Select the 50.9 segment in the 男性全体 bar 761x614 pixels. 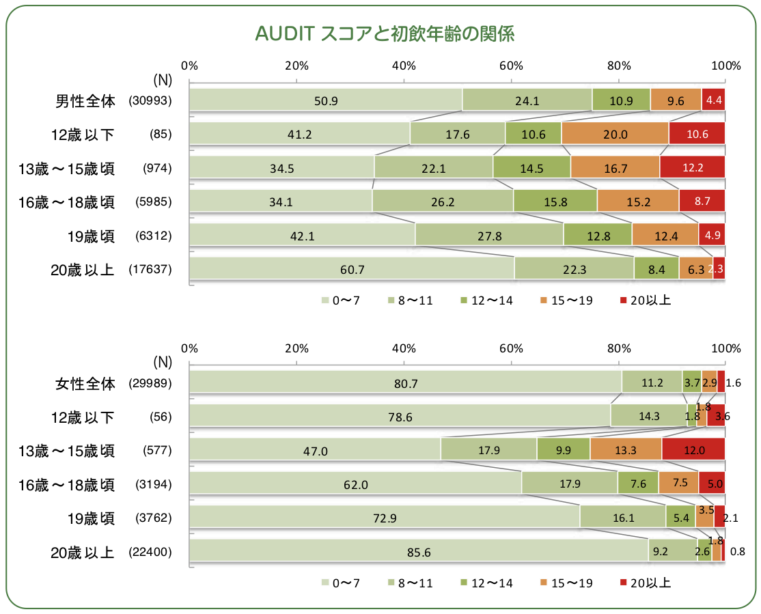coord(325,100)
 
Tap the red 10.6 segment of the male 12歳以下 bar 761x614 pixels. coord(697,134)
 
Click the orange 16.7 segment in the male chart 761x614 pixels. coord(615,167)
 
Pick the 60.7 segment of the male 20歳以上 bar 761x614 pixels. coord(351,269)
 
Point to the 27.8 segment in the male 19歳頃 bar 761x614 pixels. coord(489,236)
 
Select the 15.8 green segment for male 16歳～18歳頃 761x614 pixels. coord(555,201)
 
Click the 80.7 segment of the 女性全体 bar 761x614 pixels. coord(405,383)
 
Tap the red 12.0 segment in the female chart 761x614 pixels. coord(693,450)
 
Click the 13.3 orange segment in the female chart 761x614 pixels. coord(625,450)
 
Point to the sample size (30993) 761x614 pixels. coord(149,100)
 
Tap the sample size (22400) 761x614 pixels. coord(149,552)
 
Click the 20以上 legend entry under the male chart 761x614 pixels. coord(646,300)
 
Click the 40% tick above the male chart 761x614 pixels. coord(404,66)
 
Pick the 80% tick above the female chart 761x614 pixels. coord(618,348)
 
